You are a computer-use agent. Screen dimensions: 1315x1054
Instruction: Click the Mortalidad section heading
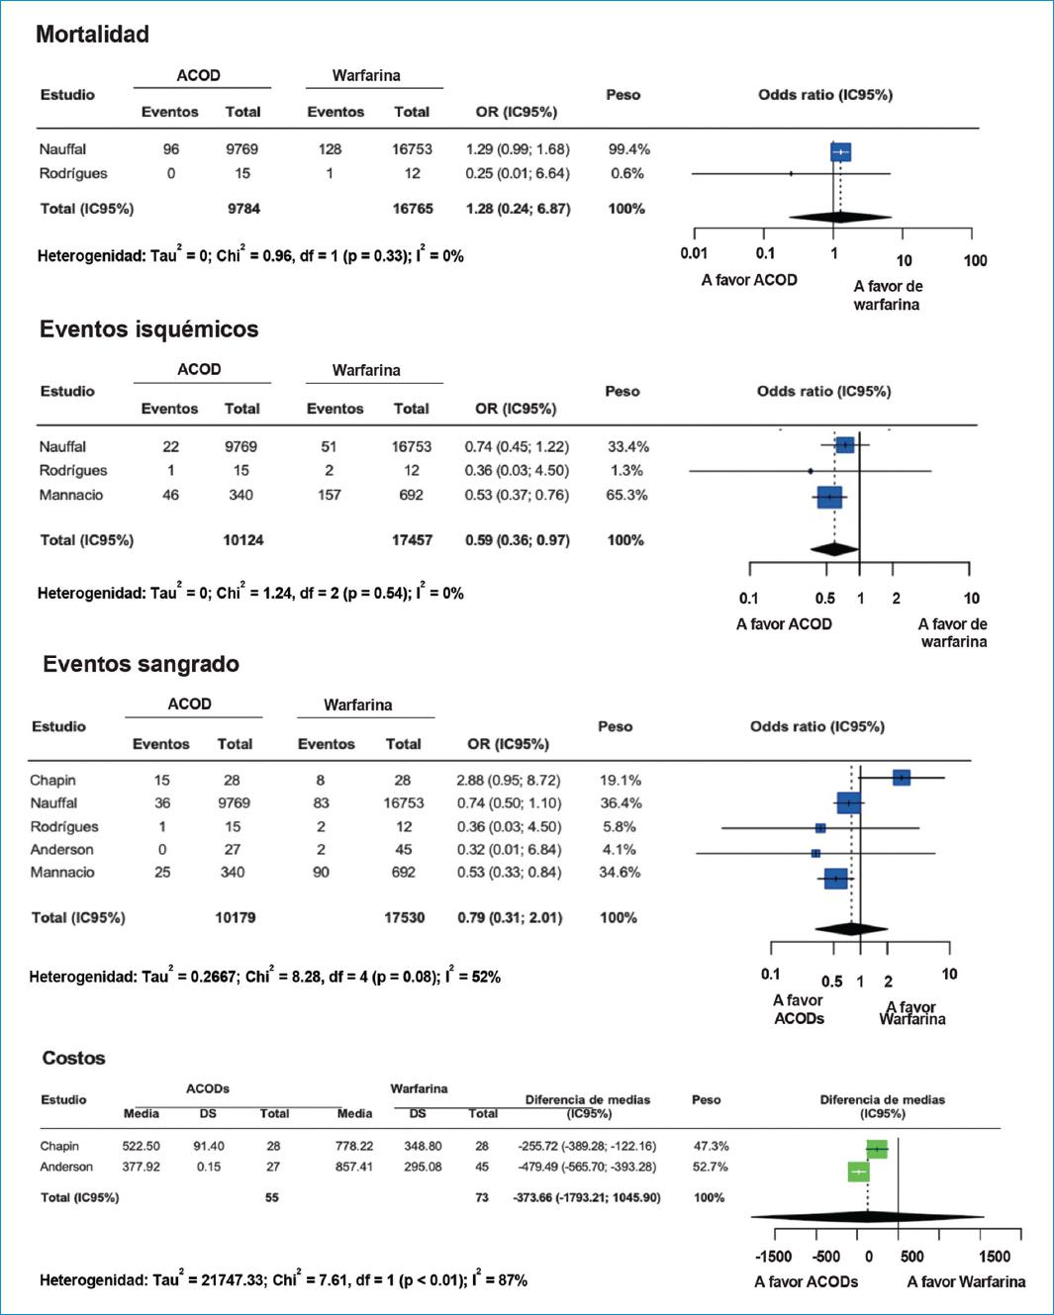[x=92, y=35]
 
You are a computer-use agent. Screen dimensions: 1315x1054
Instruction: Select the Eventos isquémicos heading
[x=148, y=329]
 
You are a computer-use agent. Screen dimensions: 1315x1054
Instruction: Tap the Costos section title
[x=73, y=1059]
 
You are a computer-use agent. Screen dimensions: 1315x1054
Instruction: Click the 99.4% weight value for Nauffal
[x=628, y=149]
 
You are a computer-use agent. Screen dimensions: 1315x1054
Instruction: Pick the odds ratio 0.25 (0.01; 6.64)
[x=517, y=173]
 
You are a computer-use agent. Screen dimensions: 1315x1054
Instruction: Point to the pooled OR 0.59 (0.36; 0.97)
[x=517, y=540]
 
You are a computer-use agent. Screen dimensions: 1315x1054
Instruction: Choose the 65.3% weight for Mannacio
[x=626, y=495]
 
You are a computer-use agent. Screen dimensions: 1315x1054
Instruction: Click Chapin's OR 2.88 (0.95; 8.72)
[x=508, y=780]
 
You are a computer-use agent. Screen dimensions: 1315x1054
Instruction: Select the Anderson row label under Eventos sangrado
[x=61, y=849]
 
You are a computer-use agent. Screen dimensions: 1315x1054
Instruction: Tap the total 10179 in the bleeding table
[x=235, y=917]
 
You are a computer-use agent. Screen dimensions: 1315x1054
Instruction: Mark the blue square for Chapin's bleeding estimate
[x=901, y=778]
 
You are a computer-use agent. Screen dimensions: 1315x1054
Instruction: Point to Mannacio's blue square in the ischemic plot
[x=829, y=497]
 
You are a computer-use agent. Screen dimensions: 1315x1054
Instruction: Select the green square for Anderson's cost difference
[x=858, y=1172]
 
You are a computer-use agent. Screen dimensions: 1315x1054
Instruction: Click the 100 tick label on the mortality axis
[x=975, y=260]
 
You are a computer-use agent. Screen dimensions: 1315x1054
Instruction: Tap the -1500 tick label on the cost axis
[x=773, y=1257]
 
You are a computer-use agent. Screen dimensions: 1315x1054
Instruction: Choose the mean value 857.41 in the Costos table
[x=353, y=1167]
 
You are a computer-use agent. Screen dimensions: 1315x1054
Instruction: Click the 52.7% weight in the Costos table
[x=710, y=1167]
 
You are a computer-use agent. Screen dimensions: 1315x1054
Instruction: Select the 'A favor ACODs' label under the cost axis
[x=806, y=1281]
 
